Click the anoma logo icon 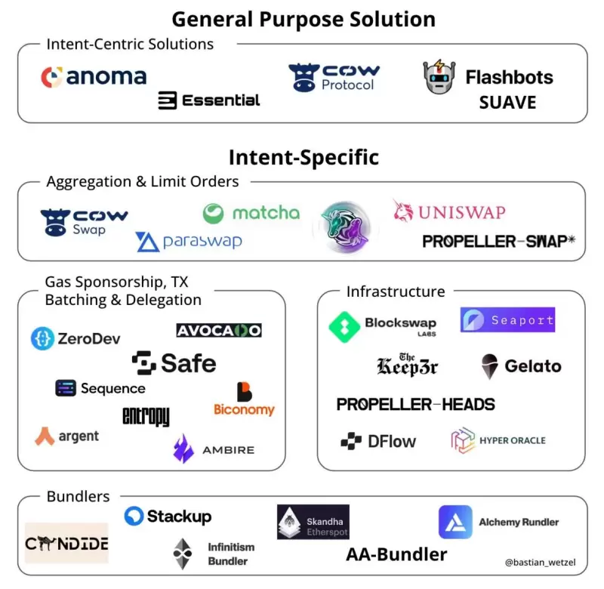click(x=51, y=77)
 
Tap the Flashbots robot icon click(x=439, y=78)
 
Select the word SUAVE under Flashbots click(x=507, y=102)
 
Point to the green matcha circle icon click(x=214, y=214)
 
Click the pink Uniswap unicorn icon click(x=403, y=211)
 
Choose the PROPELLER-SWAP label click(x=499, y=242)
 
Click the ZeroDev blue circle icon click(x=42, y=339)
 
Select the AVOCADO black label click(x=219, y=330)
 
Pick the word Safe click(x=188, y=363)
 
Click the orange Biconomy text click(x=244, y=410)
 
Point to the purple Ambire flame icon click(x=183, y=449)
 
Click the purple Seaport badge click(x=507, y=320)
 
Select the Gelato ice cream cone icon click(x=489, y=366)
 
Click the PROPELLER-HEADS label click(x=415, y=405)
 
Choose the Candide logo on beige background click(x=66, y=543)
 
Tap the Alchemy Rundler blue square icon click(x=455, y=522)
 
